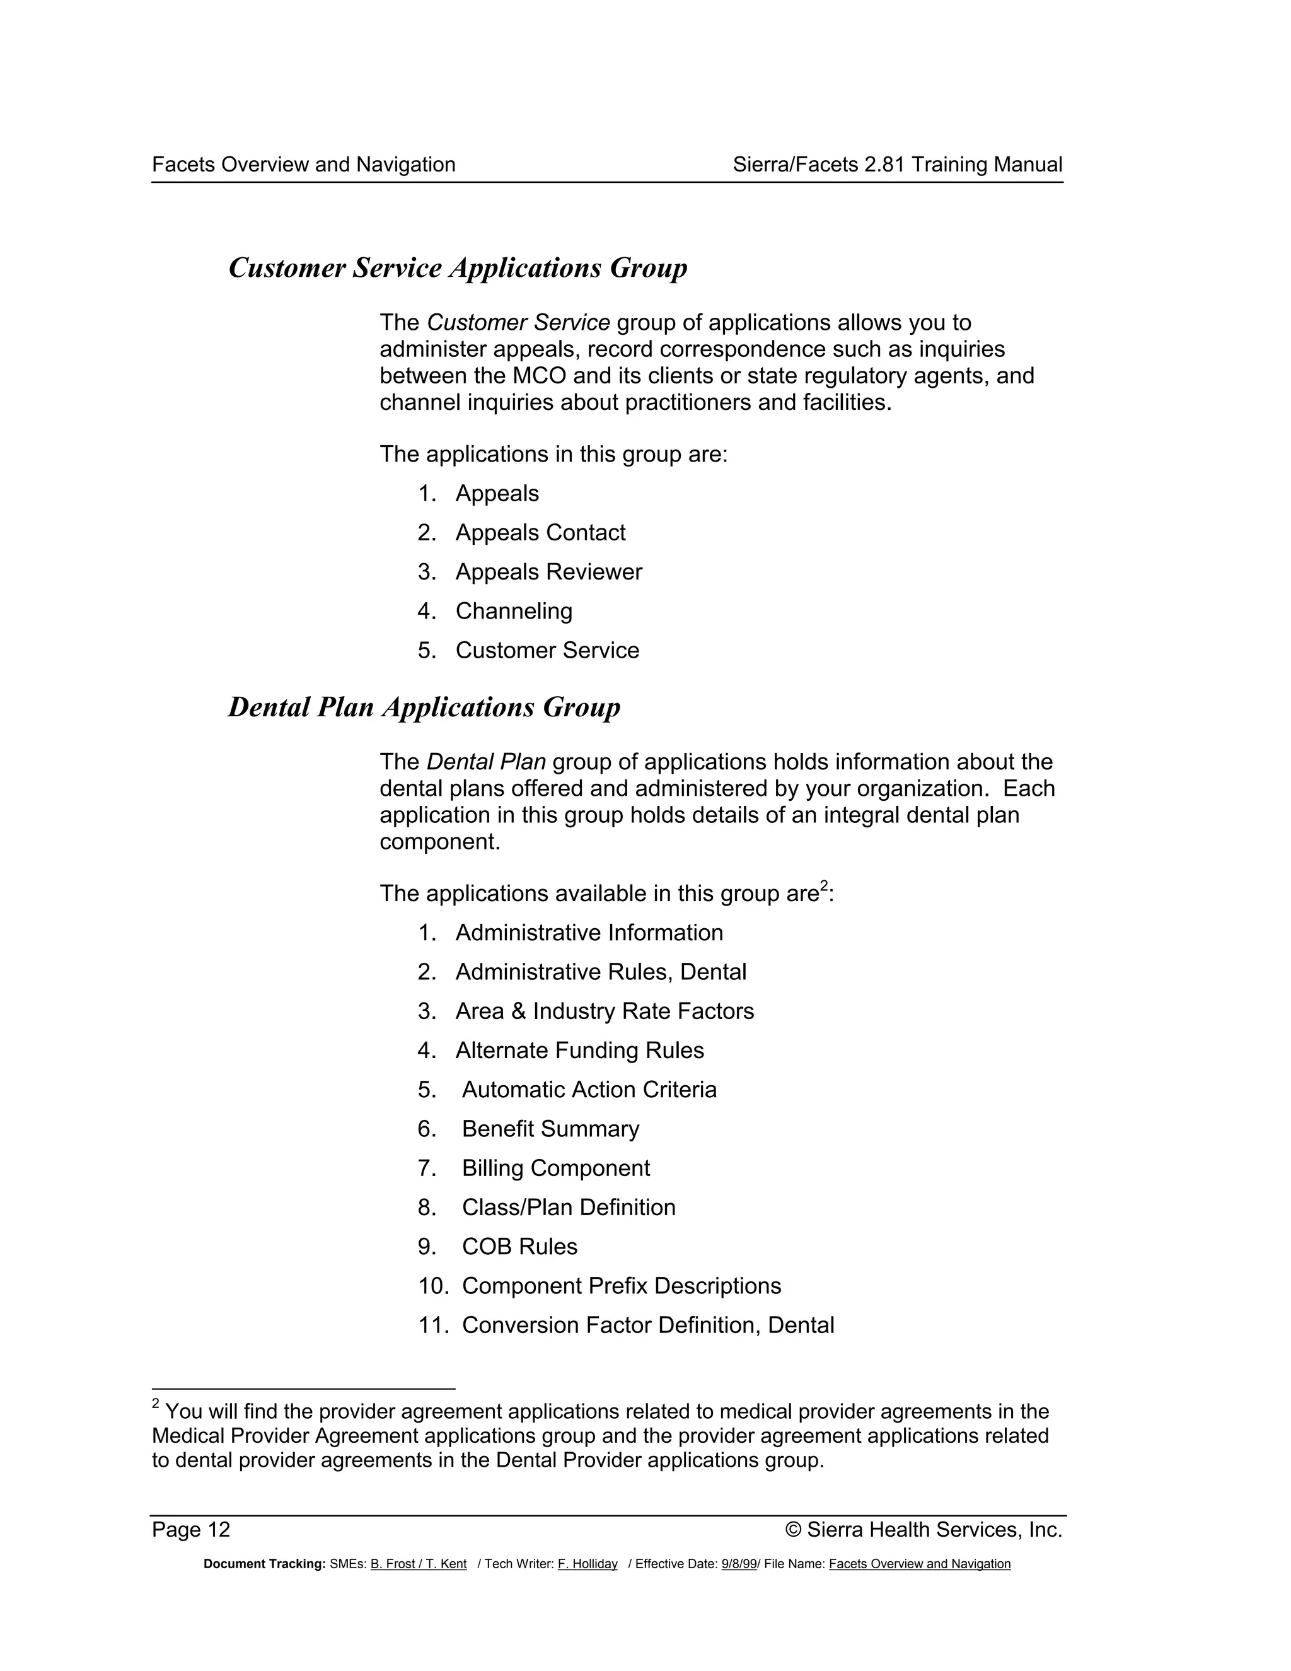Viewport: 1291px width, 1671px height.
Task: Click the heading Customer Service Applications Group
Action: [458, 268]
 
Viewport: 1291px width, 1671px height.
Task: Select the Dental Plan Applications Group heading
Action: [424, 707]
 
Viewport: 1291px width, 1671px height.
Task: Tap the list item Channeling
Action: [513, 610]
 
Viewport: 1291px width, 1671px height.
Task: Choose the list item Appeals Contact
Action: [540, 533]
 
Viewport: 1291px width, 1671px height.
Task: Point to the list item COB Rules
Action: [519, 1247]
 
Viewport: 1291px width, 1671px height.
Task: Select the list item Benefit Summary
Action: [550, 1129]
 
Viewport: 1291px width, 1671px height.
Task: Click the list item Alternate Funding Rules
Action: [579, 1050]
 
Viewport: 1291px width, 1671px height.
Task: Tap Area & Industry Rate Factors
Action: [604, 1011]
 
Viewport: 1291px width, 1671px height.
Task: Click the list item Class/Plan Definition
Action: [568, 1208]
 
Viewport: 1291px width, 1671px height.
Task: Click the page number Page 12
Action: [191, 1530]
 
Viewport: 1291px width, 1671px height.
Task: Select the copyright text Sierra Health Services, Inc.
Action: [934, 1530]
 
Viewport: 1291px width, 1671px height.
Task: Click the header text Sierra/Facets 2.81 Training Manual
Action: [897, 165]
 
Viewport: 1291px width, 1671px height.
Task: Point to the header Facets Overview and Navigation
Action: [304, 165]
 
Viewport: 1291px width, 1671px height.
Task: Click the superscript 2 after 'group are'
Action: [824, 886]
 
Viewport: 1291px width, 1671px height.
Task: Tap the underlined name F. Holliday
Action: [588, 1564]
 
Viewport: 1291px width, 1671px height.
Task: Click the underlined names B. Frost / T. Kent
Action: [419, 1564]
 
